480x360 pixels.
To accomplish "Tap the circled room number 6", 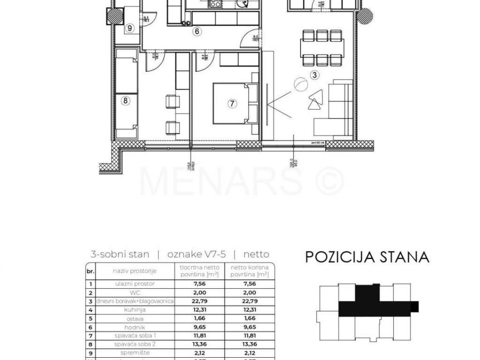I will point(197,32).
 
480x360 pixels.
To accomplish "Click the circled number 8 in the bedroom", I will point(125,100).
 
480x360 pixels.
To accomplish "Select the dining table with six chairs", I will point(322,48).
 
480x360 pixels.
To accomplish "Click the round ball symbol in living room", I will point(300,85).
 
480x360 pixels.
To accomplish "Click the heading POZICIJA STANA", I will point(367,257).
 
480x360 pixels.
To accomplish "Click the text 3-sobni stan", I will point(120,255).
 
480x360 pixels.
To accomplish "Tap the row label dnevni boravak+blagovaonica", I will point(135,301).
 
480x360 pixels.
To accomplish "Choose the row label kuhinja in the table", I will point(135,310).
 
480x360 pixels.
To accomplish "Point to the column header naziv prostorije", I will point(135,271).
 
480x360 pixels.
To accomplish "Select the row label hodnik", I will point(135,327).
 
